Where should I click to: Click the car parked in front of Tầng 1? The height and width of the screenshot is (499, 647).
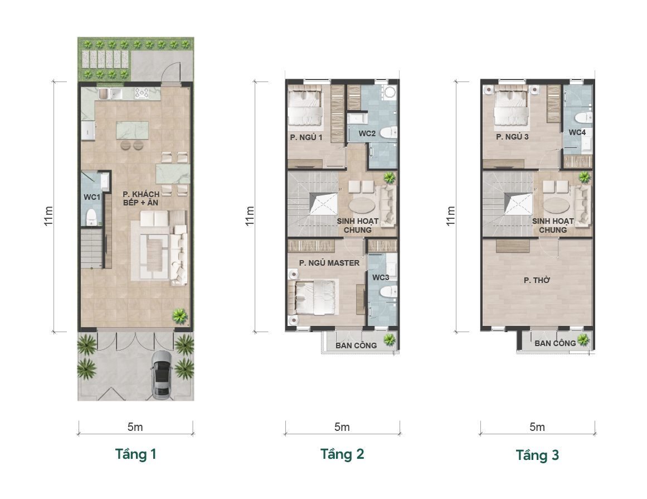[162, 376]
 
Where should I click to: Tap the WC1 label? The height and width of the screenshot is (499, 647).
[92, 197]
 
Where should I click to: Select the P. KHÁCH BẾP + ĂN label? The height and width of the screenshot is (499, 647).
[140, 199]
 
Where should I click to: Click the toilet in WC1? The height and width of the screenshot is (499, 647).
[91, 217]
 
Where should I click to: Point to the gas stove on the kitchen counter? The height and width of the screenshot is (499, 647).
[141, 94]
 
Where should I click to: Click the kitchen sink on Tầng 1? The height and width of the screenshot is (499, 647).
[110, 94]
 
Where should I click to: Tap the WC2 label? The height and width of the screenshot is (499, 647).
[367, 133]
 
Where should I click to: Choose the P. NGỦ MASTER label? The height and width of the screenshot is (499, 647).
[329, 263]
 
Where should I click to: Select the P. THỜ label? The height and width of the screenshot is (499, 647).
[537, 280]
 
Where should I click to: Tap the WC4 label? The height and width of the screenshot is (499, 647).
[577, 132]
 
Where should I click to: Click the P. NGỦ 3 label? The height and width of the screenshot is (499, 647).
[512, 137]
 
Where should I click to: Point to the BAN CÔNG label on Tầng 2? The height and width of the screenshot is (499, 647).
[356, 346]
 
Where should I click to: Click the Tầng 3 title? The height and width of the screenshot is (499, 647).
[537, 455]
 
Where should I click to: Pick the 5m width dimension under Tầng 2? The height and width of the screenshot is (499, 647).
[342, 427]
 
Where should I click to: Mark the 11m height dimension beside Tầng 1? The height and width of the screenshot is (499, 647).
[48, 216]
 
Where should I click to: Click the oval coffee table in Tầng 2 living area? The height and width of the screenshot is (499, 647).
[362, 205]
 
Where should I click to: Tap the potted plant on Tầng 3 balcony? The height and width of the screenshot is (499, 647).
[582, 340]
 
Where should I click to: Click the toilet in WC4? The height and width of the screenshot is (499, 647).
[584, 117]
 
